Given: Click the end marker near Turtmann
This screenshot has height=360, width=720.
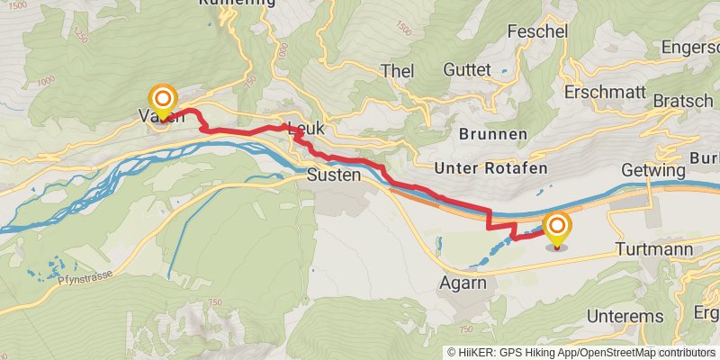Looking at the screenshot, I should coord(557,229).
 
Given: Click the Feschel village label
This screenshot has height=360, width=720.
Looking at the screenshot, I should coord(537,31).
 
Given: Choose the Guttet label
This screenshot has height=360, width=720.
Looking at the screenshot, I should coord(467,69).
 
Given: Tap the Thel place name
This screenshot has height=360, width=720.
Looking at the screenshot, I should coord(396,70).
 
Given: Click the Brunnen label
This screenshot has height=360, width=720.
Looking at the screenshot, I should coord(492,133).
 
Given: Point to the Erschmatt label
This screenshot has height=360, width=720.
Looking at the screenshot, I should coord(605,92).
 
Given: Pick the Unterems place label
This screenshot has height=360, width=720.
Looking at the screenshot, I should coord(625,316).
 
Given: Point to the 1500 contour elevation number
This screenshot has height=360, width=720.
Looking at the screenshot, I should coord(402,31).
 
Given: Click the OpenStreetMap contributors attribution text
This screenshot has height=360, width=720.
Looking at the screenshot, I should coord(645,352).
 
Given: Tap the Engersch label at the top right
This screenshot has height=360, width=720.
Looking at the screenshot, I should coord(690,47).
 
